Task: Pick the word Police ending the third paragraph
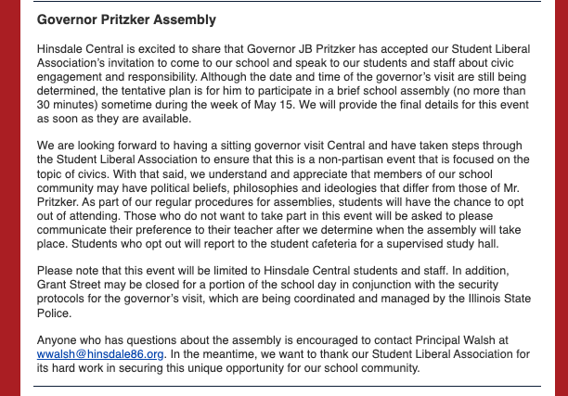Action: click(54, 316)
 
